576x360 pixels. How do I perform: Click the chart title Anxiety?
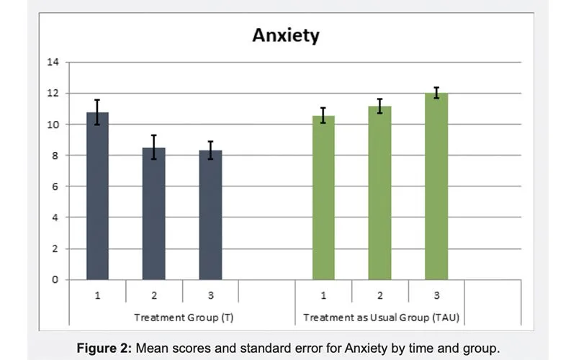point(285,35)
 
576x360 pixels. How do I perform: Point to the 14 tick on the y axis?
point(53,63)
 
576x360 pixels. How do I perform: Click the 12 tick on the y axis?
point(53,94)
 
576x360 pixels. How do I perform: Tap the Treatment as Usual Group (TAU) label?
point(379,317)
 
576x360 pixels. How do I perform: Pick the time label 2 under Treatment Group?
point(153,295)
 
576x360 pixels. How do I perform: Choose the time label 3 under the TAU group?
point(436,295)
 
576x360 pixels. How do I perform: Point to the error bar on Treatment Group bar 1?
point(97,112)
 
